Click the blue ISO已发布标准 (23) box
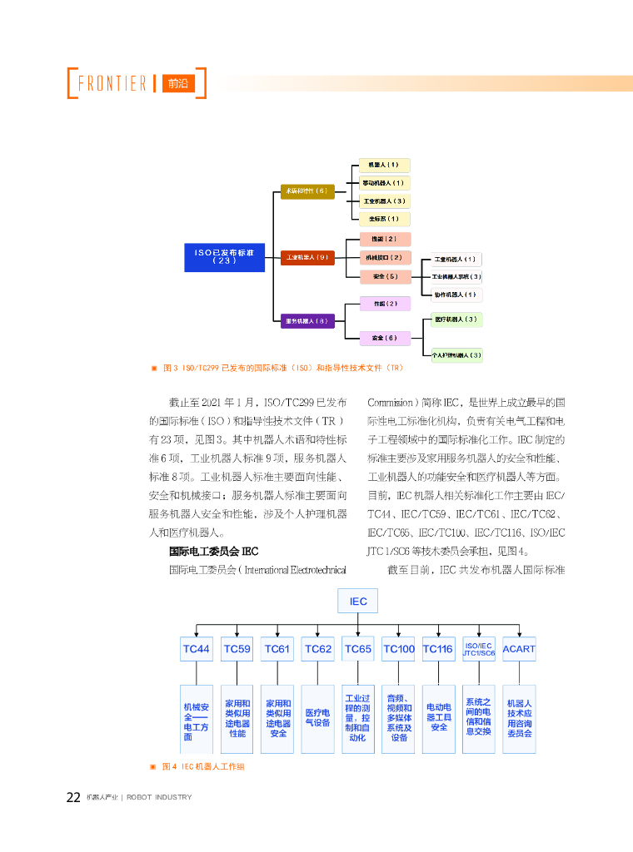point(224,255)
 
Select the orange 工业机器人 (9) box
point(307,258)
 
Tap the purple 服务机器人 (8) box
point(307,320)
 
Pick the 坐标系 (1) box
point(384,219)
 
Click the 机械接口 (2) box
point(384,258)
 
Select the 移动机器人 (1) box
point(384,183)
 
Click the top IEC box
point(357,601)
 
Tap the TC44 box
point(197,649)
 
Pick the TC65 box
point(358,649)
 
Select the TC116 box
point(438,649)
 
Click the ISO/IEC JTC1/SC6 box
point(479,649)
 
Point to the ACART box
point(519,649)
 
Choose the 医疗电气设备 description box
point(317,718)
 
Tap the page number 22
point(73,797)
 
